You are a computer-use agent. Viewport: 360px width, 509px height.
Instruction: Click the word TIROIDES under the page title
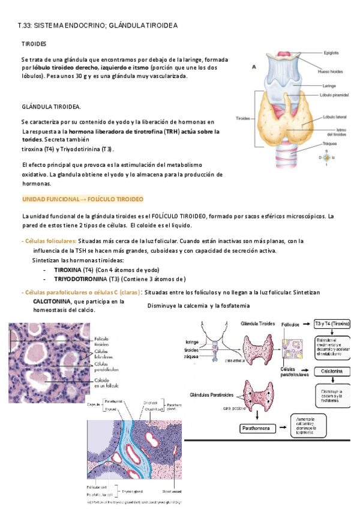[x=34, y=44]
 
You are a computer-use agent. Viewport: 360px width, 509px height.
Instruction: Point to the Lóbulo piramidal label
[x=336, y=95]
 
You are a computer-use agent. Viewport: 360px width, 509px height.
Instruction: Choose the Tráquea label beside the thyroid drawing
[x=330, y=144]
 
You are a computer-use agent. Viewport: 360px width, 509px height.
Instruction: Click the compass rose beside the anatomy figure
[x=328, y=157]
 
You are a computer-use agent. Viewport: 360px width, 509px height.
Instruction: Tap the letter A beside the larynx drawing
[x=254, y=67]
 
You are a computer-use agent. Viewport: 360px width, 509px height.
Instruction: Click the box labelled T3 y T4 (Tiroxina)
[x=332, y=324]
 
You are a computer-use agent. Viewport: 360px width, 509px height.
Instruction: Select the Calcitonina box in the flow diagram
[x=332, y=372]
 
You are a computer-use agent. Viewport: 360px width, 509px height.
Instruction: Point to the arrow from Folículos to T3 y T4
[x=305, y=324]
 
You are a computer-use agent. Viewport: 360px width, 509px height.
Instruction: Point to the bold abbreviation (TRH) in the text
[x=172, y=131]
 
